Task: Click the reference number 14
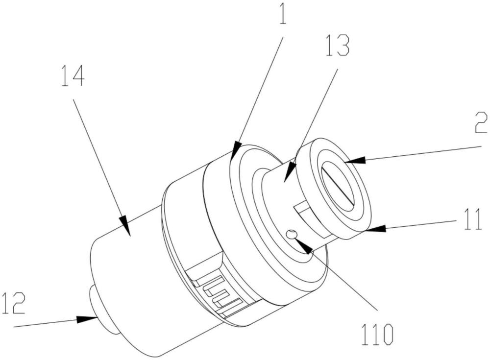coord(73,76)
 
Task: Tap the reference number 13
coord(337,46)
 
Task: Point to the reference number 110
coord(377,335)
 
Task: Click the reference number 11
coord(473,220)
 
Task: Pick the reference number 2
coord(481,123)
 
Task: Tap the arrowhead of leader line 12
coord(86,319)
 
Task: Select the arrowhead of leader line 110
coord(303,245)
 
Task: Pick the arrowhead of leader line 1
coord(236,149)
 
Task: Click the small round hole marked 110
coord(291,234)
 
